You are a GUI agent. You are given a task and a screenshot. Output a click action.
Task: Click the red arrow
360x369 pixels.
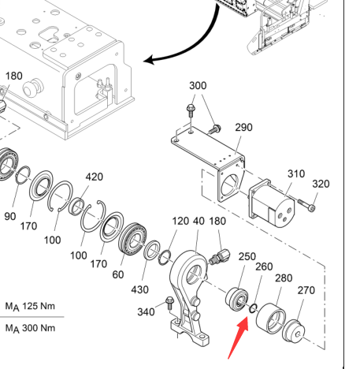pyautogui.click(x=239, y=337)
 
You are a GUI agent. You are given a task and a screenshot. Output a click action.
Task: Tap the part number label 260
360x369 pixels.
pyautogui.click(x=264, y=266)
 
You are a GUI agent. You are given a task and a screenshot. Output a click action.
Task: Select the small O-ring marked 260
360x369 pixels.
pyautogui.click(x=253, y=308)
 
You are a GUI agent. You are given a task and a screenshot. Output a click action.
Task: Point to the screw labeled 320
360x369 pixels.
pyautogui.click(x=306, y=205)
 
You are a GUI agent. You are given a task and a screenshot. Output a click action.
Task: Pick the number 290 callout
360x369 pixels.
pyautogui.click(x=243, y=128)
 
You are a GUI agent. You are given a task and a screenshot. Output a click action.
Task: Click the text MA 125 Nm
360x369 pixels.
pyautogui.click(x=30, y=307)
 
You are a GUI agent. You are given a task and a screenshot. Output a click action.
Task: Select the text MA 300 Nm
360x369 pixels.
pyautogui.click(x=30, y=328)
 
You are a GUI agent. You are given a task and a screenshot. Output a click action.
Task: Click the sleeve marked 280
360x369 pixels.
pyautogui.click(x=271, y=319)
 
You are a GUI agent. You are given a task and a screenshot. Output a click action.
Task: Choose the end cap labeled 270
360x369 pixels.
pyautogui.click(x=294, y=331)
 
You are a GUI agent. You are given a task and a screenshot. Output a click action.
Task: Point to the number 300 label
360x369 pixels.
pyautogui.click(x=198, y=86)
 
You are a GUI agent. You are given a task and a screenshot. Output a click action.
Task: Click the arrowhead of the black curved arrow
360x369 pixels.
pyautogui.click(x=149, y=60)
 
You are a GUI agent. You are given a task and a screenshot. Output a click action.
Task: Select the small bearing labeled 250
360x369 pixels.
pyautogui.click(x=237, y=300)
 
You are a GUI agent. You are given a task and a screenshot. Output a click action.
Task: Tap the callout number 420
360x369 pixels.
pyautogui.click(x=94, y=177)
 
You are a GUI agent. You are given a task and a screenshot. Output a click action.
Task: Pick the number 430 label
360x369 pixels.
pyautogui.click(x=140, y=289)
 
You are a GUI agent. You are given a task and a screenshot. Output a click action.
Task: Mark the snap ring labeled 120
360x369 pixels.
pyautogui.click(x=165, y=258)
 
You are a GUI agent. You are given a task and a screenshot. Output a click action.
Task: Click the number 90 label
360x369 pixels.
pyautogui.click(x=10, y=217)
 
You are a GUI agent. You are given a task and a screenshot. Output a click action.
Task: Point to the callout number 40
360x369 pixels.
pyautogui.click(x=199, y=222)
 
